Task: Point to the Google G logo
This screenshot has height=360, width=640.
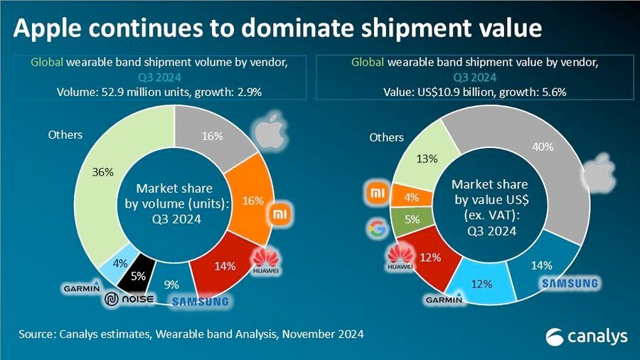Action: [376, 228]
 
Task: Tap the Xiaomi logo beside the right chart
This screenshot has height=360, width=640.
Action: [376, 192]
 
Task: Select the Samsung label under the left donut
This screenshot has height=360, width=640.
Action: [200, 302]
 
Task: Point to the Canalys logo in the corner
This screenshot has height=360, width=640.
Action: [577, 336]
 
